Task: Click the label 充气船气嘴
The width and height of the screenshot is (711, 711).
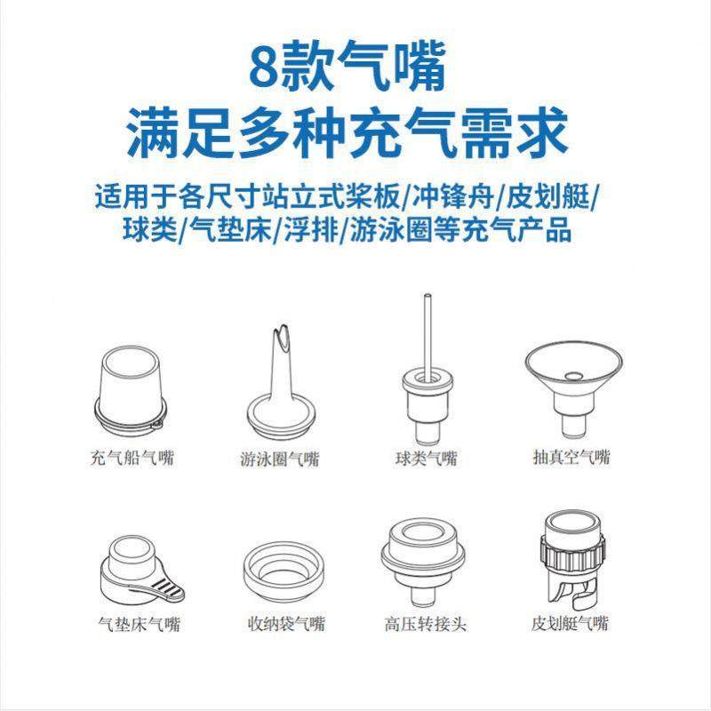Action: click(132, 459)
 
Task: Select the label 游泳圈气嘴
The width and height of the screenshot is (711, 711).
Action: click(279, 459)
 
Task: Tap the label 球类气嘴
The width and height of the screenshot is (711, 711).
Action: click(426, 459)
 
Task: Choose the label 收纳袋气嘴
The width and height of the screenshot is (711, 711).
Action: click(285, 625)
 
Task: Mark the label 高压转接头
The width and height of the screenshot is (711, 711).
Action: click(427, 625)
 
